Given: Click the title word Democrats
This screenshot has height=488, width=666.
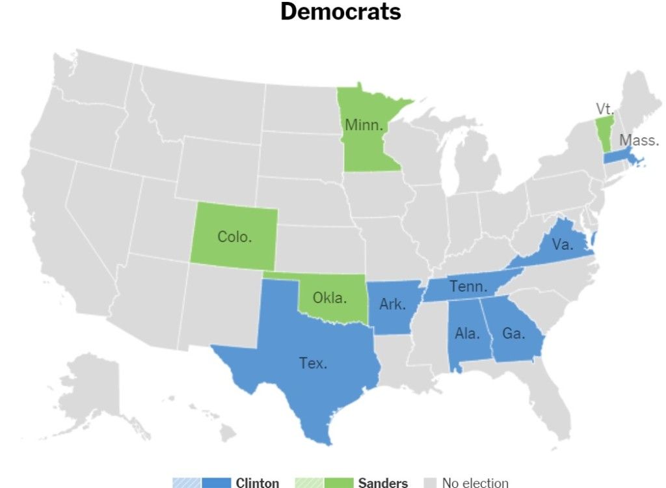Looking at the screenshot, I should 341,12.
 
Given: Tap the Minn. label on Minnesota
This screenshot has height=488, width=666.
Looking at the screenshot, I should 364,125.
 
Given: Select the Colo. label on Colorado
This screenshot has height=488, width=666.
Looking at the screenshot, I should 234,237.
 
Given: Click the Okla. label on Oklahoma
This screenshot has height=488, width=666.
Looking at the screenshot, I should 330,298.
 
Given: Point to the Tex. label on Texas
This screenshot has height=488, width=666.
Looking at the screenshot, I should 313,363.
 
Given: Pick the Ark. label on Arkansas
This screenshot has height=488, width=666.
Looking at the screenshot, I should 392,304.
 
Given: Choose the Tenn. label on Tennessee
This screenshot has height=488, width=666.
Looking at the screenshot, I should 468,286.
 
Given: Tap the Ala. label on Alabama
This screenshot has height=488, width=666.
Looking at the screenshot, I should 467,334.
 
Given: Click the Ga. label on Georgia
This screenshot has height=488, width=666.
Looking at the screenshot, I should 513,333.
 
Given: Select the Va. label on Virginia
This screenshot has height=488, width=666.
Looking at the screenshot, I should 562,245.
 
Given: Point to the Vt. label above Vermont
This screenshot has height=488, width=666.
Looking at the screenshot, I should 604,109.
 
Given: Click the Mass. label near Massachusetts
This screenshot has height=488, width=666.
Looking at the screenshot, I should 639,140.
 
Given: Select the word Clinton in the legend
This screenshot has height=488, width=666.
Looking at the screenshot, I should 258,483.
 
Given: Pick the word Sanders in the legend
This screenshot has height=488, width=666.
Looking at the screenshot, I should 383,483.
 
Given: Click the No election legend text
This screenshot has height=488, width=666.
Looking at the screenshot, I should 475,483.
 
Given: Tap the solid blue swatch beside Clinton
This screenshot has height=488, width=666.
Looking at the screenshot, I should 217,483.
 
